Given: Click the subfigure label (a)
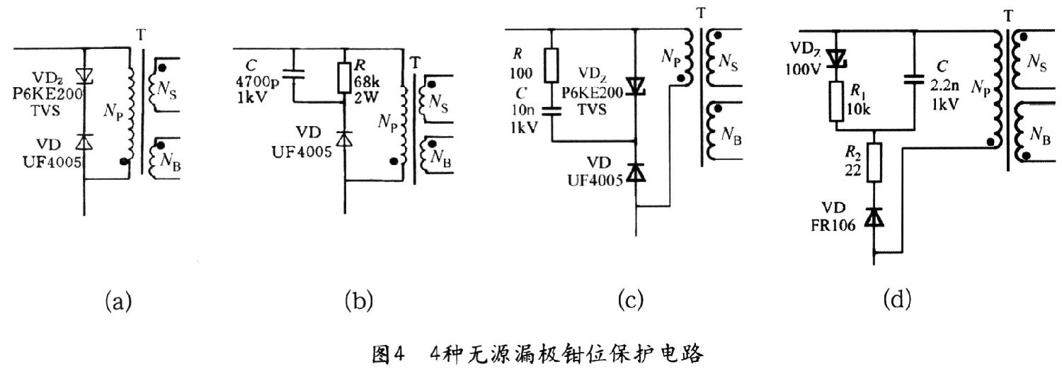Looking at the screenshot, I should [118, 302].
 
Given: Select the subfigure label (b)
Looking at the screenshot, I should [358, 302].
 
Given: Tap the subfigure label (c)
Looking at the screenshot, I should [629, 302].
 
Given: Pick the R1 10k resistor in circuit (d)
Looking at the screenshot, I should [837, 101].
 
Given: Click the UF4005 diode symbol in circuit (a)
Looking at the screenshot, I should [84, 142].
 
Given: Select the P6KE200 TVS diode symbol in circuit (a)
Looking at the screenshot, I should [84, 75].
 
